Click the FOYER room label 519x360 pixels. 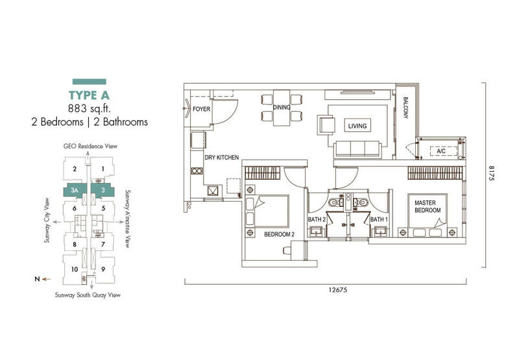[201, 109]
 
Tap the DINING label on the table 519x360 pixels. [282, 107]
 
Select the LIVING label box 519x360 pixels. [357, 126]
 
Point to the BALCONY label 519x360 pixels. [406, 108]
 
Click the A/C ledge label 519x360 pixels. [441, 151]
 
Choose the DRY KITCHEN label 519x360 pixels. [222, 158]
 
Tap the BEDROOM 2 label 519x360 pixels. [280, 235]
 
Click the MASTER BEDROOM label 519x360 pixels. [428, 206]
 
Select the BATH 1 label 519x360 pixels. [380, 219]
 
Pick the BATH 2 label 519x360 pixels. [317, 219]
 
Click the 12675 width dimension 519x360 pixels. [338, 290]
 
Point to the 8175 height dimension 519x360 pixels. [491, 173]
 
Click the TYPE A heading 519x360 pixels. [89, 95]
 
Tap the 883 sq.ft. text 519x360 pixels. [90, 108]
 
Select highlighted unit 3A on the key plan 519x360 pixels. [75, 191]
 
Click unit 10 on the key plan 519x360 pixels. [75, 269]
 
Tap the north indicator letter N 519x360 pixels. [37, 279]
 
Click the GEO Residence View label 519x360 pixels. [90, 146]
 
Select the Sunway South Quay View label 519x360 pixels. [88, 295]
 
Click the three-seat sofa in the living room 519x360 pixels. [357, 150]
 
